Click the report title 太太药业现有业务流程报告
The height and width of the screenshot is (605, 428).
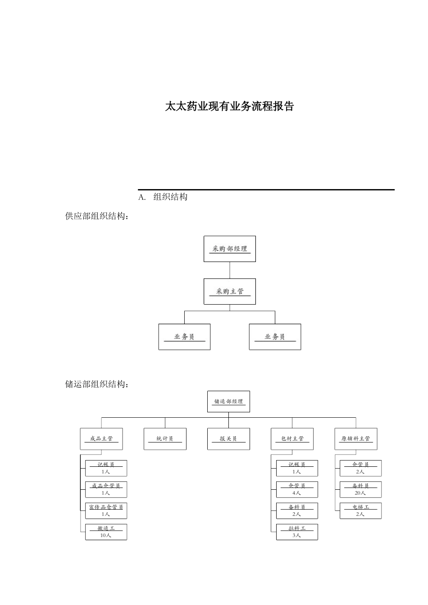click(x=229, y=107)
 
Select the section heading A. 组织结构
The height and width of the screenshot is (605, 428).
click(x=163, y=197)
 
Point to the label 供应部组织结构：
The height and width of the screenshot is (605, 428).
click(x=97, y=217)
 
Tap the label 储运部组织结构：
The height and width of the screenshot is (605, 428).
click(x=97, y=384)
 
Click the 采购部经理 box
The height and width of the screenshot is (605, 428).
click(x=230, y=249)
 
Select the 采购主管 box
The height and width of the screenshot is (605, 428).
click(x=230, y=291)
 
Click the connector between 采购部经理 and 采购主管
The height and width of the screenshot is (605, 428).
click(x=230, y=270)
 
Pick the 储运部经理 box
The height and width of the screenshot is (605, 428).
click(x=228, y=402)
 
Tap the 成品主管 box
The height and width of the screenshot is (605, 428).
click(x=101, y=439)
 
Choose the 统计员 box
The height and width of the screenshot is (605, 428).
click(x=165, y=439)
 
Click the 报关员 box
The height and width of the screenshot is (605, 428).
click(x=228, y=439)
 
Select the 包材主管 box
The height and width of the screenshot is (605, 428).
click(x=292, y=439)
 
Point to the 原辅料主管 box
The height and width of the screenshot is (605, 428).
click(x=355, y=439)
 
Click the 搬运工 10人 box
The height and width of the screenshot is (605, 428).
click(x=106, y=532)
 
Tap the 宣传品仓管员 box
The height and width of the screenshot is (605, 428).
click(x=106, y=511)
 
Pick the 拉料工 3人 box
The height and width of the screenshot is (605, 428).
click(x=297, y=532)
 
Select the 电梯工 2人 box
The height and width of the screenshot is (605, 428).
click(x=360, y=511)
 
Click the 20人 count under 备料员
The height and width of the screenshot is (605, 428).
click(x=360, y=493)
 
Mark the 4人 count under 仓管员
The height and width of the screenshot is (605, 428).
click(x=296, y=493)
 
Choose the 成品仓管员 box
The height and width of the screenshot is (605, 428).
click(x=106, y=489)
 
